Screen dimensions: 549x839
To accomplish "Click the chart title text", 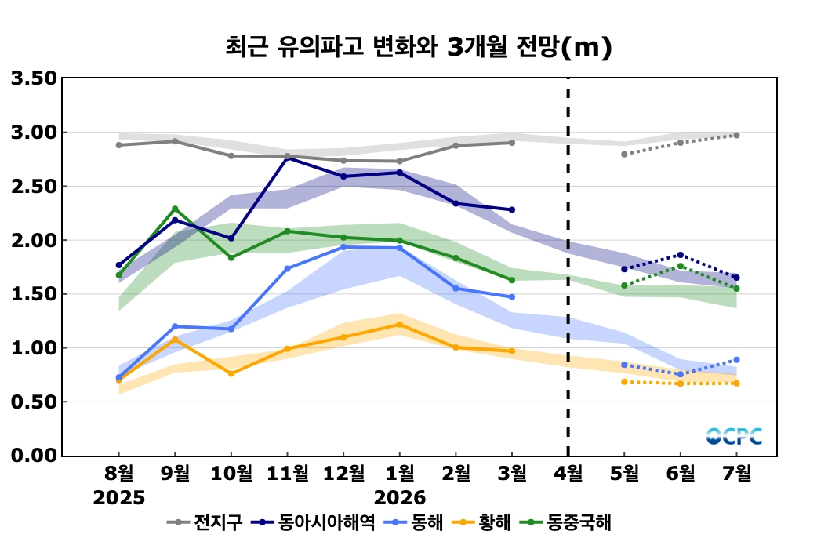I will pos(419,48).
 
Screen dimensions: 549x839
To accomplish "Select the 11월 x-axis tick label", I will pos(287,473).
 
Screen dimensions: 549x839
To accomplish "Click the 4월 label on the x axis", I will pos(568,473).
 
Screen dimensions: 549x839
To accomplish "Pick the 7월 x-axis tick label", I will pos(736,473).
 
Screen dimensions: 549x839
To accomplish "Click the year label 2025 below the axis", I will pos(119,498).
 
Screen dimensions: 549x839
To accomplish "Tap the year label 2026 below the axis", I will pos(400,498).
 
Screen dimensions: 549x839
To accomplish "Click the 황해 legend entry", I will pos(495,522).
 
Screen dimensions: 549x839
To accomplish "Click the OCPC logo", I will pos(734,436).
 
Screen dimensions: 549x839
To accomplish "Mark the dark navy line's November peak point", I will pos(288,158).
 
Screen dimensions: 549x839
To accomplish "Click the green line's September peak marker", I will pos(175,209).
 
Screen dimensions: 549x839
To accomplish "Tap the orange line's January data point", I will pos(400,324).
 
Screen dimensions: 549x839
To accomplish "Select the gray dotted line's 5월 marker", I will pos(624,155).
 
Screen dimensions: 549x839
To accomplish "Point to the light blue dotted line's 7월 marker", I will pos(736,360).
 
